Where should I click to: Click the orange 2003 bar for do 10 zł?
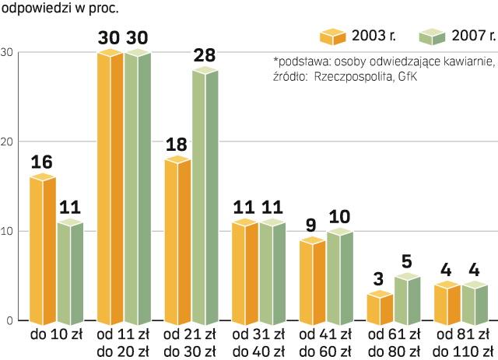pos(42,249)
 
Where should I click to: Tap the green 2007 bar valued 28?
pos(205,194)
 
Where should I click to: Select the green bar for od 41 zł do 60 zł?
pos(340,276)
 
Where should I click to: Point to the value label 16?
pos(42,162)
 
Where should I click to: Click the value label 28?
pos(205,55)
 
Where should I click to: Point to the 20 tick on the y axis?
pos(7,142)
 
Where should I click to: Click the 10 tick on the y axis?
pos(7,231)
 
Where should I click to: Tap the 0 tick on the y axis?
pos(9,320)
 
